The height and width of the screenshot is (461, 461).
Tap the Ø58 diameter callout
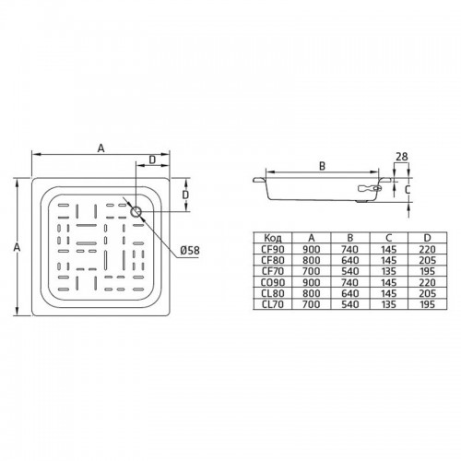(x=190, y=251)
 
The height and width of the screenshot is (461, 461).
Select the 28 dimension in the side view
(x=401, y=157)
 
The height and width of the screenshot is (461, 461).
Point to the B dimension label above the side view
(x=322, y=166)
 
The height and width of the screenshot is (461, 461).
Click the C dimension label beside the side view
(x=408, y=190)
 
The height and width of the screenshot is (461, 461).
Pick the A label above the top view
(x=100, y=148)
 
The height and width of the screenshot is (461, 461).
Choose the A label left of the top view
(x=17, y=247)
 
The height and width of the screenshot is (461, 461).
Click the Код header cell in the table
(x=273, y=238)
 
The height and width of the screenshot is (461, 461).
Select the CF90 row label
(x=273, y=249)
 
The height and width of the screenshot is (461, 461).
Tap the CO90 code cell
(x=273, y=282)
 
